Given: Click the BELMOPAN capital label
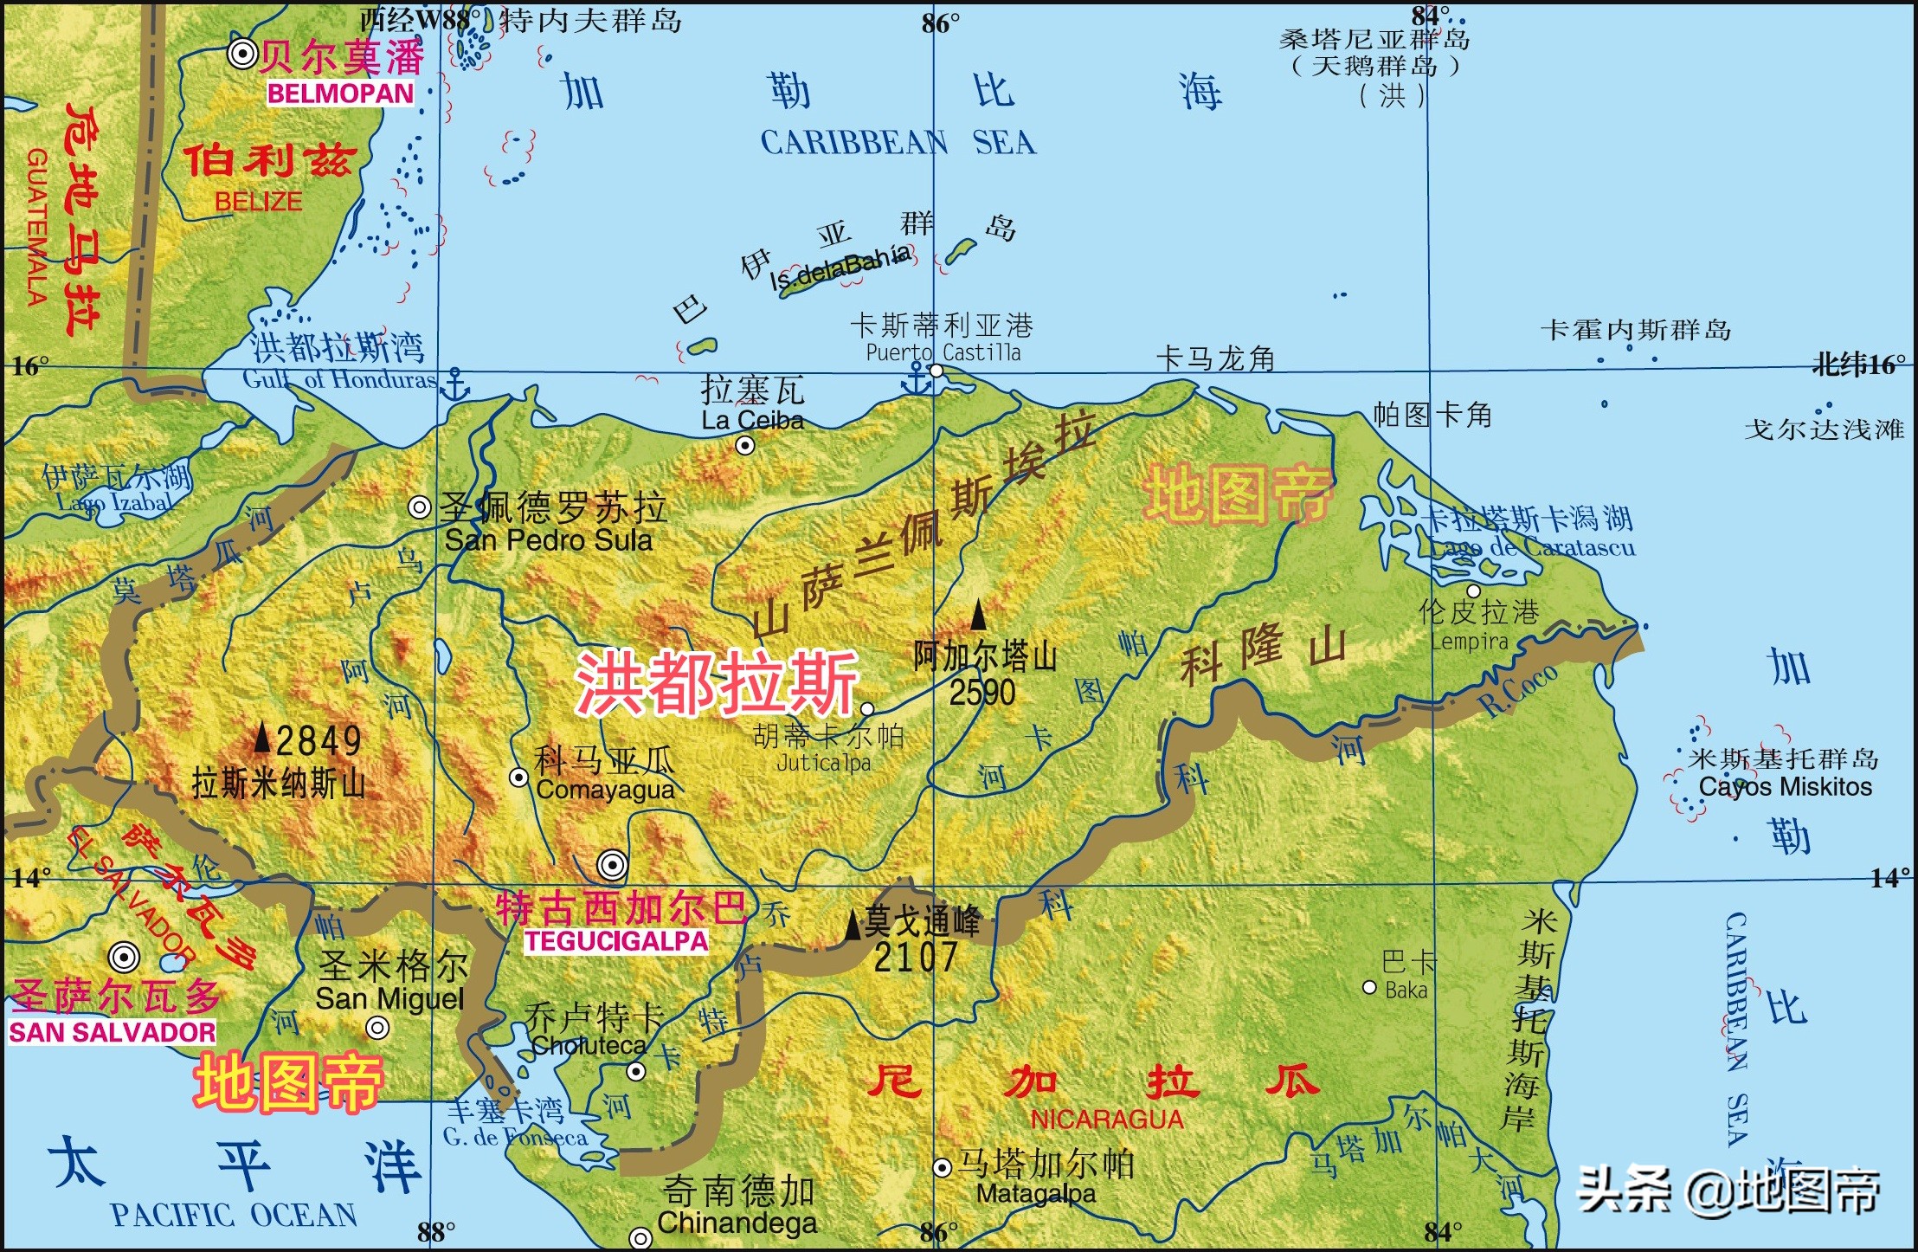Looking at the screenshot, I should [340, 94].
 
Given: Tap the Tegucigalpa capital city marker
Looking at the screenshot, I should [612, 864].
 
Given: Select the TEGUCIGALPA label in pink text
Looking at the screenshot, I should [615, 941].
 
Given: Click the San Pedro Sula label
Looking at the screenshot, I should [548, 540].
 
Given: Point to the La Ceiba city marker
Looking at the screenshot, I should [745, 446].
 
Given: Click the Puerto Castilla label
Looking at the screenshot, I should [943, 352].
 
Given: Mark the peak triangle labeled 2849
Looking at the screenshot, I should [262, 739].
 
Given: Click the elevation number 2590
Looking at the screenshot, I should [982, 692].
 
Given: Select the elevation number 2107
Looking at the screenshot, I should [916, 958].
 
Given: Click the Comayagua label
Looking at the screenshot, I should [605, 790].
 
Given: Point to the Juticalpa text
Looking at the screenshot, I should [823, 763].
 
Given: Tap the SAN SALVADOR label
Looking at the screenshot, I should [113, 1032].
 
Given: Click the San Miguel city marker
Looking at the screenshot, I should [377, 1028].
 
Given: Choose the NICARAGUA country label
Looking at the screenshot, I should [1106, 1120].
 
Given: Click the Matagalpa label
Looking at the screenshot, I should [1036, 1194].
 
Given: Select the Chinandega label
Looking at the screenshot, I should [737, 1223].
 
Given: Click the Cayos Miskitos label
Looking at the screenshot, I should [1785, 787].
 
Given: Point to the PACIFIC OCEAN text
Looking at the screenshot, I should [234, 1216].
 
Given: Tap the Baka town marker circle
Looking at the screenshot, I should [1369, 987].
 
